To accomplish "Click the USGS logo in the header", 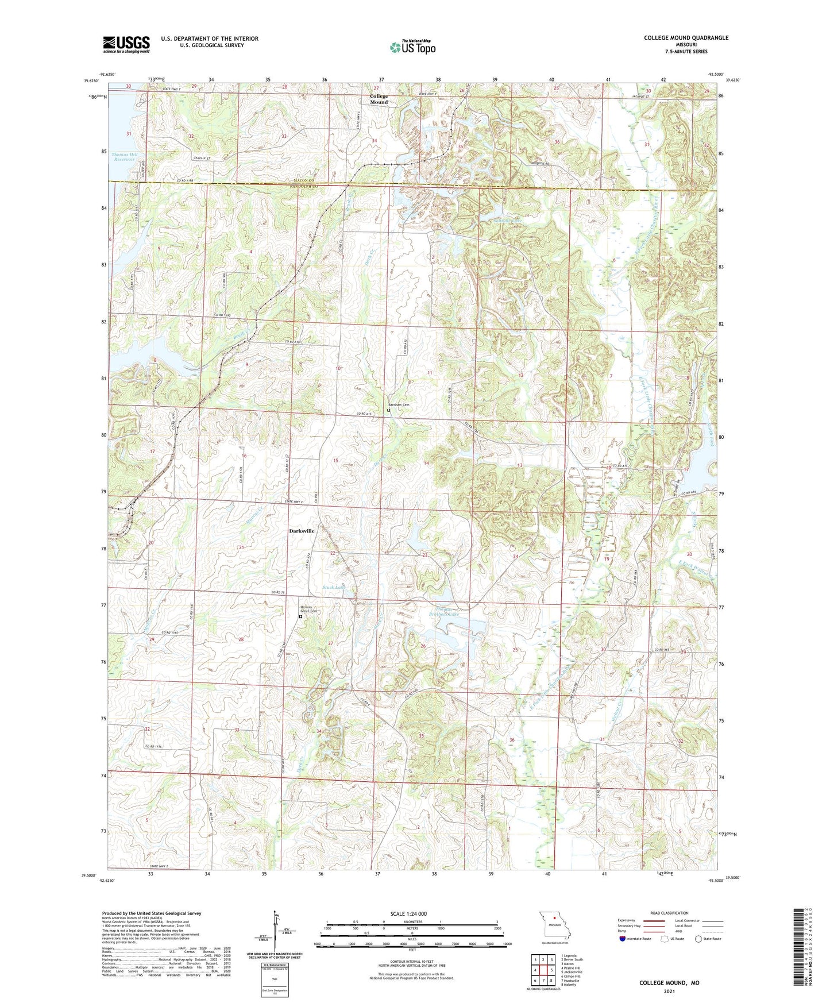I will coord(126,44).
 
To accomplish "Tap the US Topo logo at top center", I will coord(412,47).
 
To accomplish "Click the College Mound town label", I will coord(379,99).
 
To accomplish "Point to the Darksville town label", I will coord(302,531).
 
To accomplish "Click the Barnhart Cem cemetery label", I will coord(399,405).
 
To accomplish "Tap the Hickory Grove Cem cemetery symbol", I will coord(300,617).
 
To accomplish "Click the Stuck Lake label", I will coord(334,587).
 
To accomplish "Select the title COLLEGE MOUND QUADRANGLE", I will coord(686,38).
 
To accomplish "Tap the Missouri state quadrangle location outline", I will coord(555,926).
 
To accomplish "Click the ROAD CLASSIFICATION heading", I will coord(669,913).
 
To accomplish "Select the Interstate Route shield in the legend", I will coord(623,939).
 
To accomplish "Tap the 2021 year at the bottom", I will coord(669,991).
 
